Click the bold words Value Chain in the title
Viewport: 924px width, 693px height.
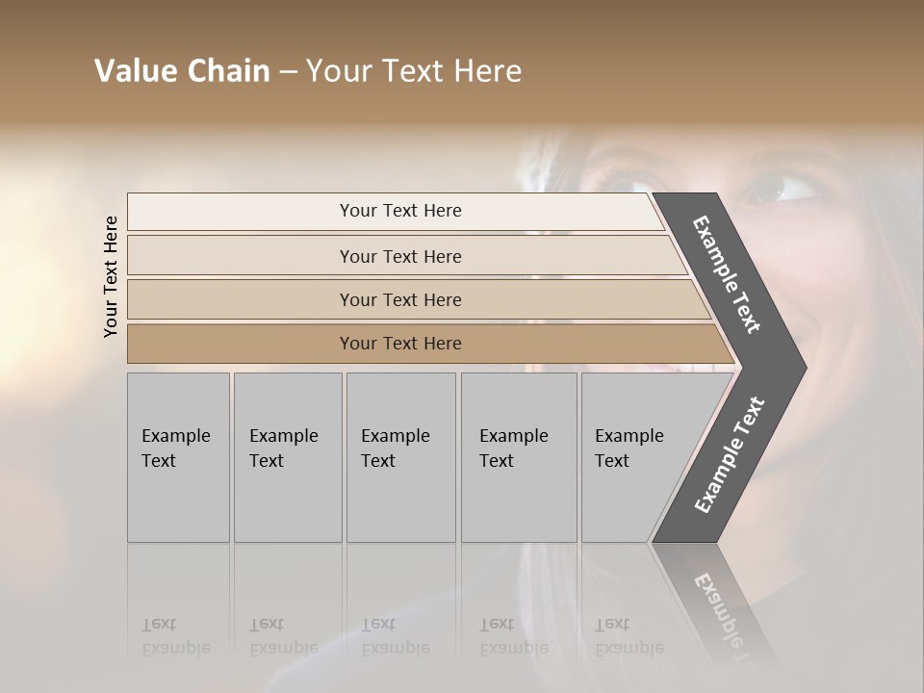(x=182, y=71)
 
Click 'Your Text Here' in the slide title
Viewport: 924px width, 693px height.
(x=414, y=71)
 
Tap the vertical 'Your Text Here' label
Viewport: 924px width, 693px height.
(x=111, y=276)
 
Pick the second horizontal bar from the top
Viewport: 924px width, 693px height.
(x=400, y=256)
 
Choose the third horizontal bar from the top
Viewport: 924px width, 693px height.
(x=400, y=299)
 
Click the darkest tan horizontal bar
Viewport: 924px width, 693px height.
(x=400, y=344)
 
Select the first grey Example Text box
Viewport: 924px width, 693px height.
(x=178, y=456)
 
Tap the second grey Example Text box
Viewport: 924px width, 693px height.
(x=288, y=456)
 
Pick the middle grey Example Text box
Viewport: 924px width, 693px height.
(x=400, y=456)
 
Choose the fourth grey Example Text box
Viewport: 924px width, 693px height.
(x=518, y=456)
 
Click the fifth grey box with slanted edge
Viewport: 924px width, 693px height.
(x=630, y=456)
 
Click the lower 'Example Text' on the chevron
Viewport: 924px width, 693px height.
(x=730, y=454)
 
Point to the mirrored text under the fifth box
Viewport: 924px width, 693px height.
(x=629, y=637)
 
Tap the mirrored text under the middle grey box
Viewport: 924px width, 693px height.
(x=395, y=637)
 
